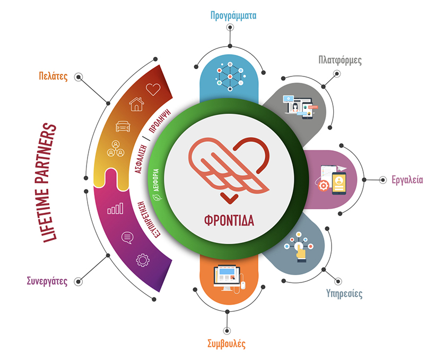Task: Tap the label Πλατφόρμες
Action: (x=340, y=59)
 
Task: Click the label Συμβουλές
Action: (x=227, y=343)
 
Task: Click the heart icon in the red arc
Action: (x=153, y=89)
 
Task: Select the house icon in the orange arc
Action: (x=136, y=105)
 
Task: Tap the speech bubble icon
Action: (x=128, y=237)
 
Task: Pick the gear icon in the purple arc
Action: (x=143, y=260)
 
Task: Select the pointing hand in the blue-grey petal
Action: (x=301, y=253)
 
